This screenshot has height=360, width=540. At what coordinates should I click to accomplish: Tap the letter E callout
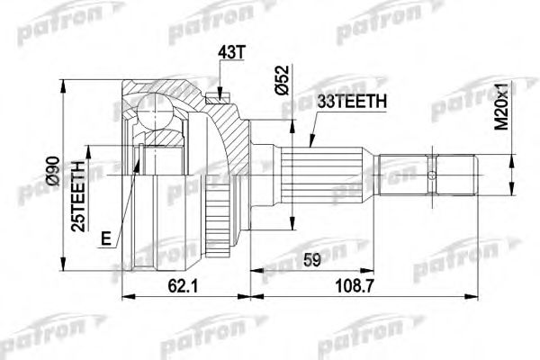click(x=106, y=238)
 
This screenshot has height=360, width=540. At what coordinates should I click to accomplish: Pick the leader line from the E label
click(x=124, y=202)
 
